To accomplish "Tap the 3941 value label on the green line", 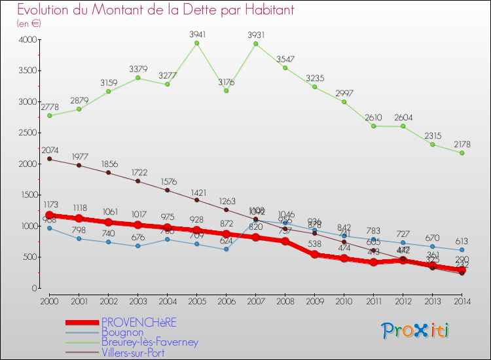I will (197, 34).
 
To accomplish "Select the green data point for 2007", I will (255, 44).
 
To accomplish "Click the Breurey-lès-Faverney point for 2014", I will (462, 153).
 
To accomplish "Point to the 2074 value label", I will (50, 150).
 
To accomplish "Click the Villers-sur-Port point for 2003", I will (138, 181).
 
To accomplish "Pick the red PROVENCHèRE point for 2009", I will (314, 255).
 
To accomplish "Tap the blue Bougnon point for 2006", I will (226, 249).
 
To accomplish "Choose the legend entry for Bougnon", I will (122, 332).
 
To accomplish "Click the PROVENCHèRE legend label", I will (139, 322).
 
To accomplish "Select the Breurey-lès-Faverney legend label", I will (149, 342).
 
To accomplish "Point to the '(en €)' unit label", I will (29, 23).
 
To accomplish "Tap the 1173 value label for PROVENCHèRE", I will (50, 206).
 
